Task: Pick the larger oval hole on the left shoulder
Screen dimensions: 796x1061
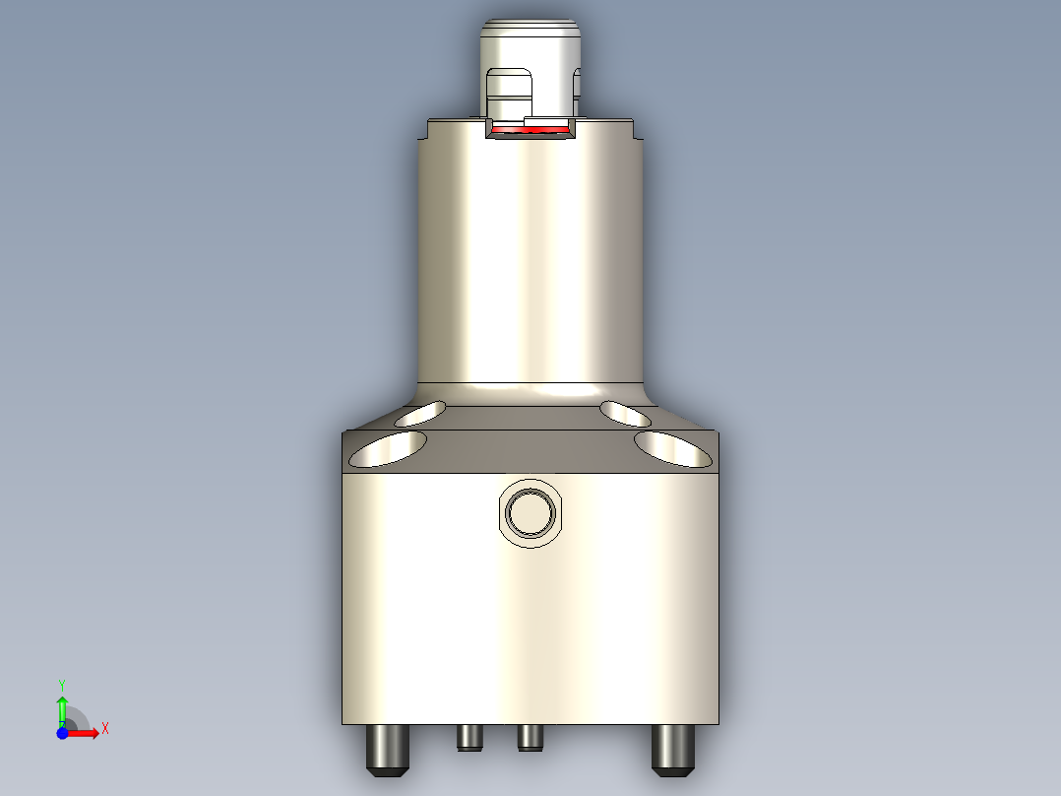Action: tap(389, 448)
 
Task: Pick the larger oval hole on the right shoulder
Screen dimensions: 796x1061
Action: tap(673, 448)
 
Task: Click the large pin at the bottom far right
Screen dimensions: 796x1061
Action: tap(673, 748)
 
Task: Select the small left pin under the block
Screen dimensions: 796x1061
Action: tap(468, 736)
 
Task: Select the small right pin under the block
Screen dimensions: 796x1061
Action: tap(530, 736)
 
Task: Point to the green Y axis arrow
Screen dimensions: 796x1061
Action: tap(62, 707)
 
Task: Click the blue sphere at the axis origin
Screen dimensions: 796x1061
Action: tap(62, 733)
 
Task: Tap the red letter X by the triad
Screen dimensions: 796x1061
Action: tap(104, 729)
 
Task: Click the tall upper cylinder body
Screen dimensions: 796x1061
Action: tap(531, 266)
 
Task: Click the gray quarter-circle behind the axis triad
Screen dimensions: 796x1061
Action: tap(77, 719)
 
